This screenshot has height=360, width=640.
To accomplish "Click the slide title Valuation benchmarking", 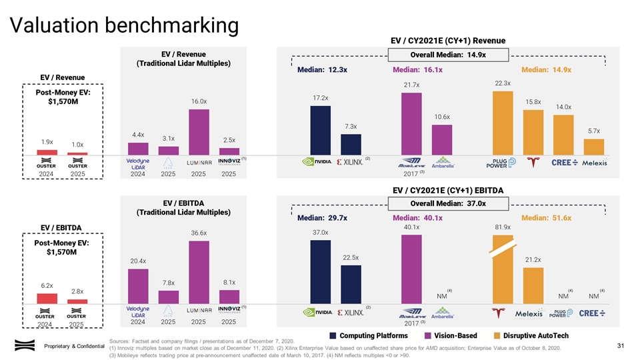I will pyautogui.click(x=123, y=25).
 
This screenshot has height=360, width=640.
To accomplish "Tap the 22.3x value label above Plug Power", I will pyautogui.click(x=503, y=83).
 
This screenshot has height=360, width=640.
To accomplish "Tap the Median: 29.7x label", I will pyautogui.click(x=322, y=218).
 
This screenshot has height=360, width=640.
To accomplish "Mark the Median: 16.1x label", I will pyautogui.click(x=418, y=69).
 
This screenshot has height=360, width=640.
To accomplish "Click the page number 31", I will pyautogui.click(x=620, y=345).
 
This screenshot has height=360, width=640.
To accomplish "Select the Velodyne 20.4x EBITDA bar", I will pyautogui.click(x=138, y=285).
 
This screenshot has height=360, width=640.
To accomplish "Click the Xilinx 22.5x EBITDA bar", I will pyautogui.click(x=351, y=284).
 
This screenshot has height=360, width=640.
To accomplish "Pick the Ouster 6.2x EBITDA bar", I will pyautogui.click(x=47, y=299).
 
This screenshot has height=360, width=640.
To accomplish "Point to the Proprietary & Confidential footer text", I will pyautogui.click(x=75, y=345).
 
